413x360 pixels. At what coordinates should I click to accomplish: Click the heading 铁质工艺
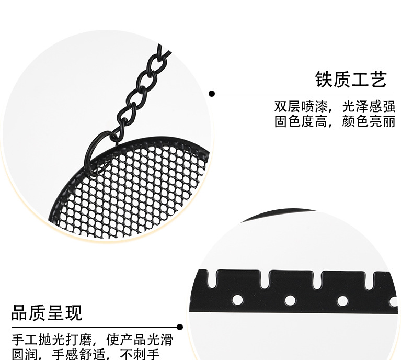point(350,80)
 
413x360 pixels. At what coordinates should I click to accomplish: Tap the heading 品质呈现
point(47,313)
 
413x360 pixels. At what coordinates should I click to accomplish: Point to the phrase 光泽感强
point(369,107)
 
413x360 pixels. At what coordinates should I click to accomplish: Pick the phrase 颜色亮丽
point(369,122)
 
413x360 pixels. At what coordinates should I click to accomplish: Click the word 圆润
point(24,355)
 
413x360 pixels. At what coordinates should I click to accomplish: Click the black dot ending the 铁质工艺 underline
point(212,94)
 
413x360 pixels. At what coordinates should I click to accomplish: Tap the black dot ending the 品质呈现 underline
point(180,327)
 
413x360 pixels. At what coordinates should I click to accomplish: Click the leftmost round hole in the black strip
point(237,300)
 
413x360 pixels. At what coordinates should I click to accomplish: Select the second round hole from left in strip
point(289,300)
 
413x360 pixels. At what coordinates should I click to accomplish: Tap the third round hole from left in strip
point(342,300)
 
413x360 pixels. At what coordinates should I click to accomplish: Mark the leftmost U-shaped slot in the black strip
point(213,278)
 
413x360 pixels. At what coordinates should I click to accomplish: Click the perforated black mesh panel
point(136,188)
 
